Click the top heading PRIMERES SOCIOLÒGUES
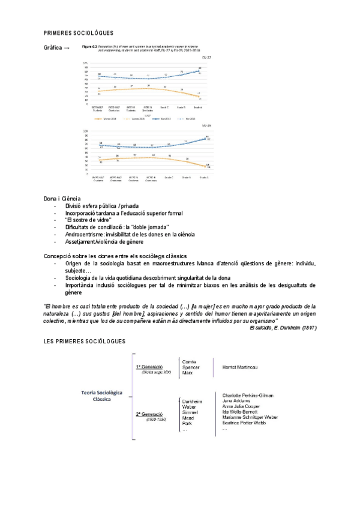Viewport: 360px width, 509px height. pyautogui.click(x=79, y=32)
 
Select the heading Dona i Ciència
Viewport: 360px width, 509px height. pyautogui.click(x=62, y=199)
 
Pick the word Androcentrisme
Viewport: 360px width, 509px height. pyautogui.click(x=86, y=235)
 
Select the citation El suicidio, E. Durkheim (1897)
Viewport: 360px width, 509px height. pyautogui.click(x=283, y=327)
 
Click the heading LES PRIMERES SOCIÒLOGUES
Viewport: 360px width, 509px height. pyautogui.click(x=85, y=342)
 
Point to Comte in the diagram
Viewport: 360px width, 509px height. pyautogui.click(x=190, y=361)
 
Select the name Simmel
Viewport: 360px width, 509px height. pyautogui.click(x=191, y=412)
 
